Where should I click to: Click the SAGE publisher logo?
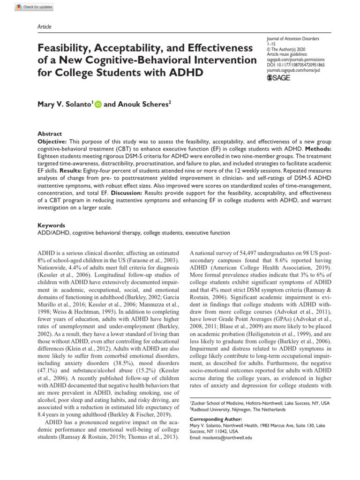pyautogui.click(x=278, y=77)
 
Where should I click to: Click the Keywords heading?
pyautogui.click(x=51, y=225)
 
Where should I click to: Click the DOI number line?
pyautogui.click(x=296, y=66)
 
